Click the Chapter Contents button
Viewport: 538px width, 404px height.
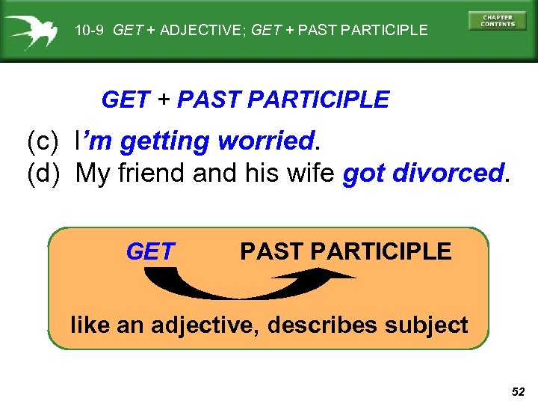pyautogui.click(x=497, y=20)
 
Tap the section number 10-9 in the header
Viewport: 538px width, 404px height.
pyautogui.click(x=91, y=31)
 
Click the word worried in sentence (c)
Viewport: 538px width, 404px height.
pyautogui.click(x=265, y=140)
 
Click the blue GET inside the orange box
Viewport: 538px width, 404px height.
pyautogui.click(x=150, y=252)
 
